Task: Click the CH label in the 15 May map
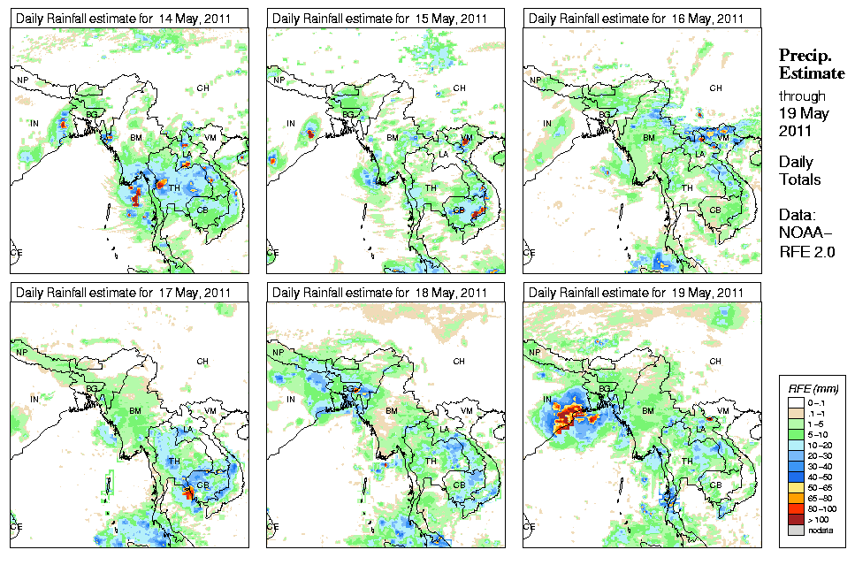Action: tap(459, 88)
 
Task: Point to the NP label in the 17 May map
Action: tap(23, 353)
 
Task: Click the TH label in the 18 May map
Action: tap(431, 462)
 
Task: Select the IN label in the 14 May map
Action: tap(35, 123)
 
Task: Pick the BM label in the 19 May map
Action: tap(648, 411)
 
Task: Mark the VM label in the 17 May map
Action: tap(210, 411)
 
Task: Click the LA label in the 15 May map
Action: tap(443, 155)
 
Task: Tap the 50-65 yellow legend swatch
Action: tap(794, 486)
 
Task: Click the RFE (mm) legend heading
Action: tap(813, 387)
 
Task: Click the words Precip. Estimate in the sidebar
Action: tap(811, 65)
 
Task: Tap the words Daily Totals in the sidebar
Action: tap(799, 171)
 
